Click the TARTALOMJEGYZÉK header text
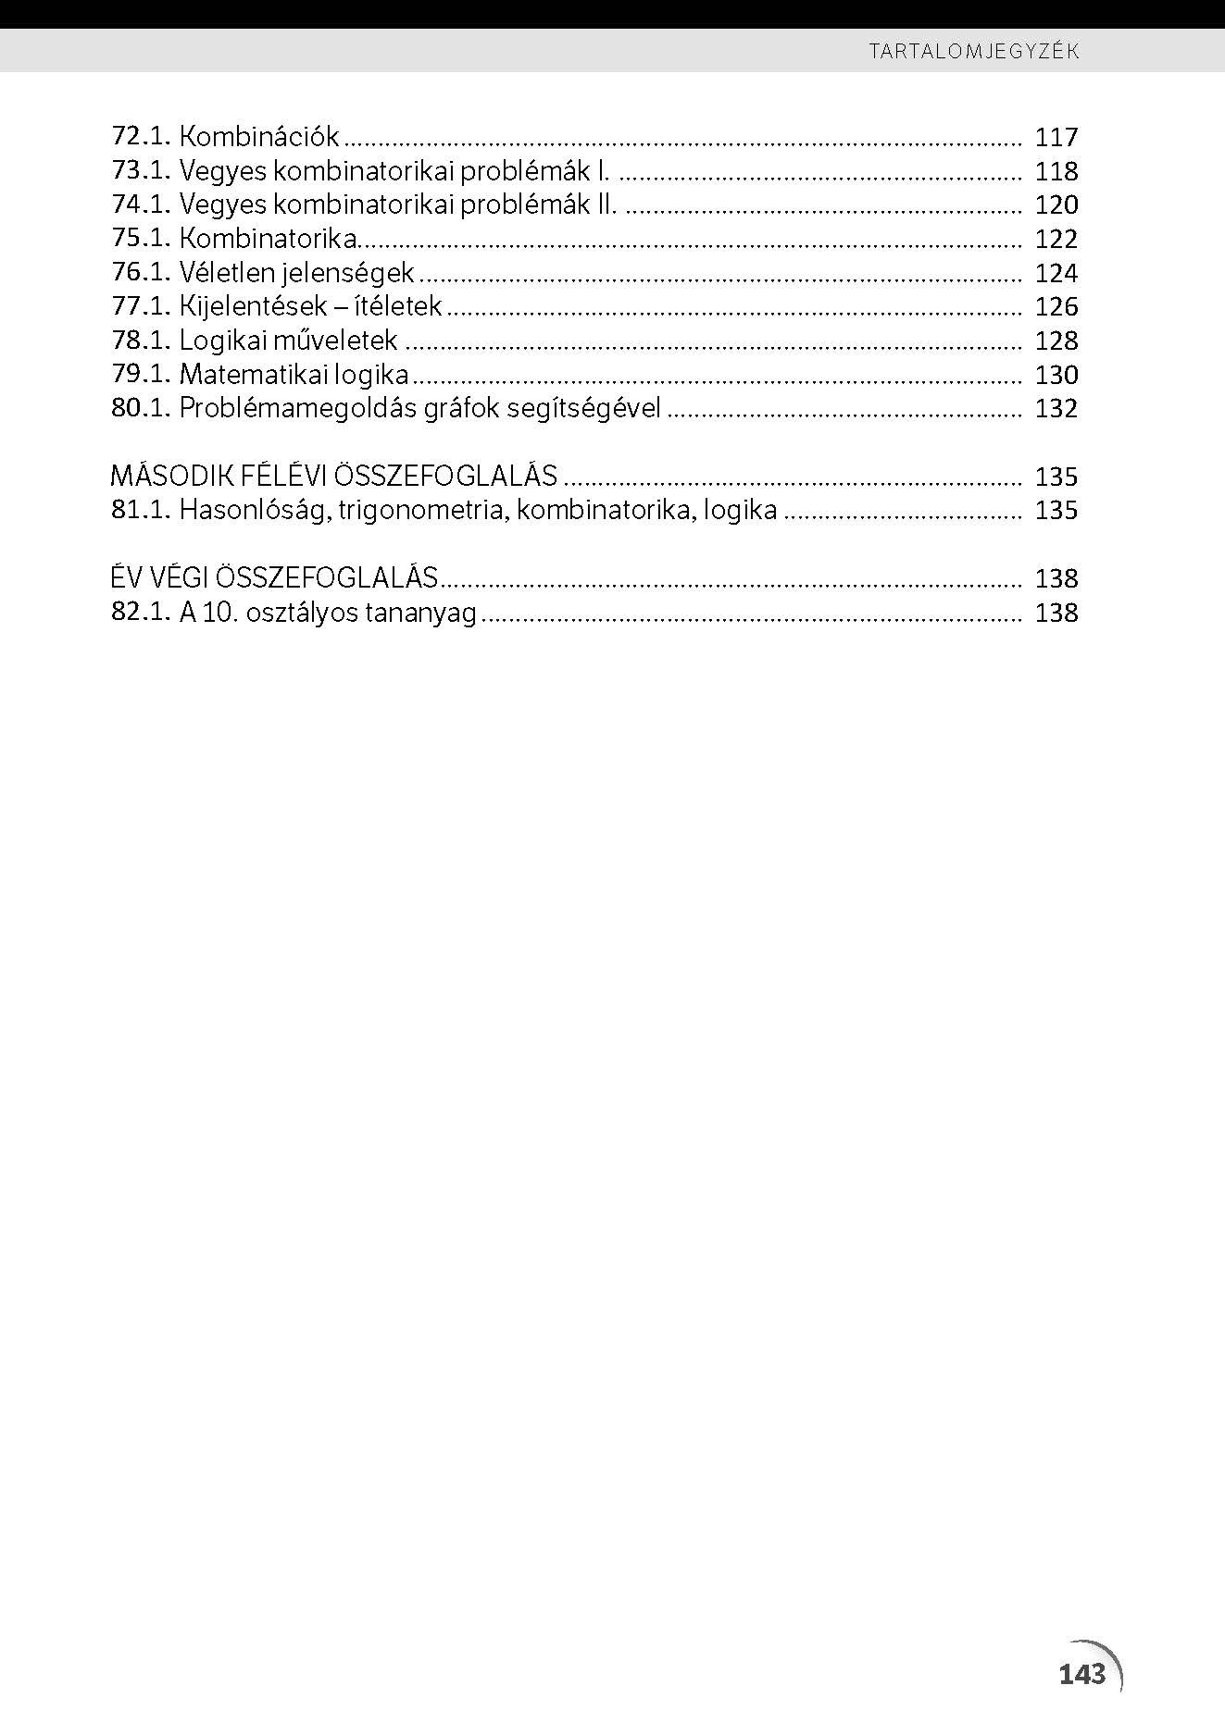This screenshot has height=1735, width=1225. [974, 51]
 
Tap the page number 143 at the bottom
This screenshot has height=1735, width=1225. [1081, 1674]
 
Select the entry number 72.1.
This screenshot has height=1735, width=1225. [141, 137]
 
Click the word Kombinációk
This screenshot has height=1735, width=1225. [259, 137]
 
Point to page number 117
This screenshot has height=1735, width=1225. [1056, 138]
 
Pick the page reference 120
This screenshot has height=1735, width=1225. [1056, 205]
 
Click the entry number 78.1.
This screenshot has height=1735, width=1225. [141, 341]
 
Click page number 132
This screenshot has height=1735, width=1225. [1056, 409]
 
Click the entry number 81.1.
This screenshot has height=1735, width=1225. [141, 510]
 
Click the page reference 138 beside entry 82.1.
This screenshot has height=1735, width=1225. [1056, 613]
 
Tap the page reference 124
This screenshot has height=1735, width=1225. [1056, 273]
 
